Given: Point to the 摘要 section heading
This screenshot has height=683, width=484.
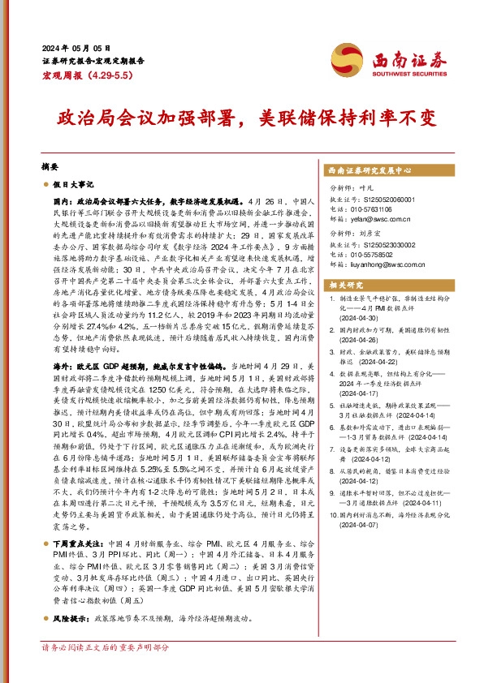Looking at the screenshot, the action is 50,165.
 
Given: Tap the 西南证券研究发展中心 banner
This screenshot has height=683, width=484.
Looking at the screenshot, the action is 369,171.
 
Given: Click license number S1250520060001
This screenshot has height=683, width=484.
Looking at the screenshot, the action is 380,199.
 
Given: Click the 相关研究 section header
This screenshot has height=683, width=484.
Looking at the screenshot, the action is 344,285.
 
